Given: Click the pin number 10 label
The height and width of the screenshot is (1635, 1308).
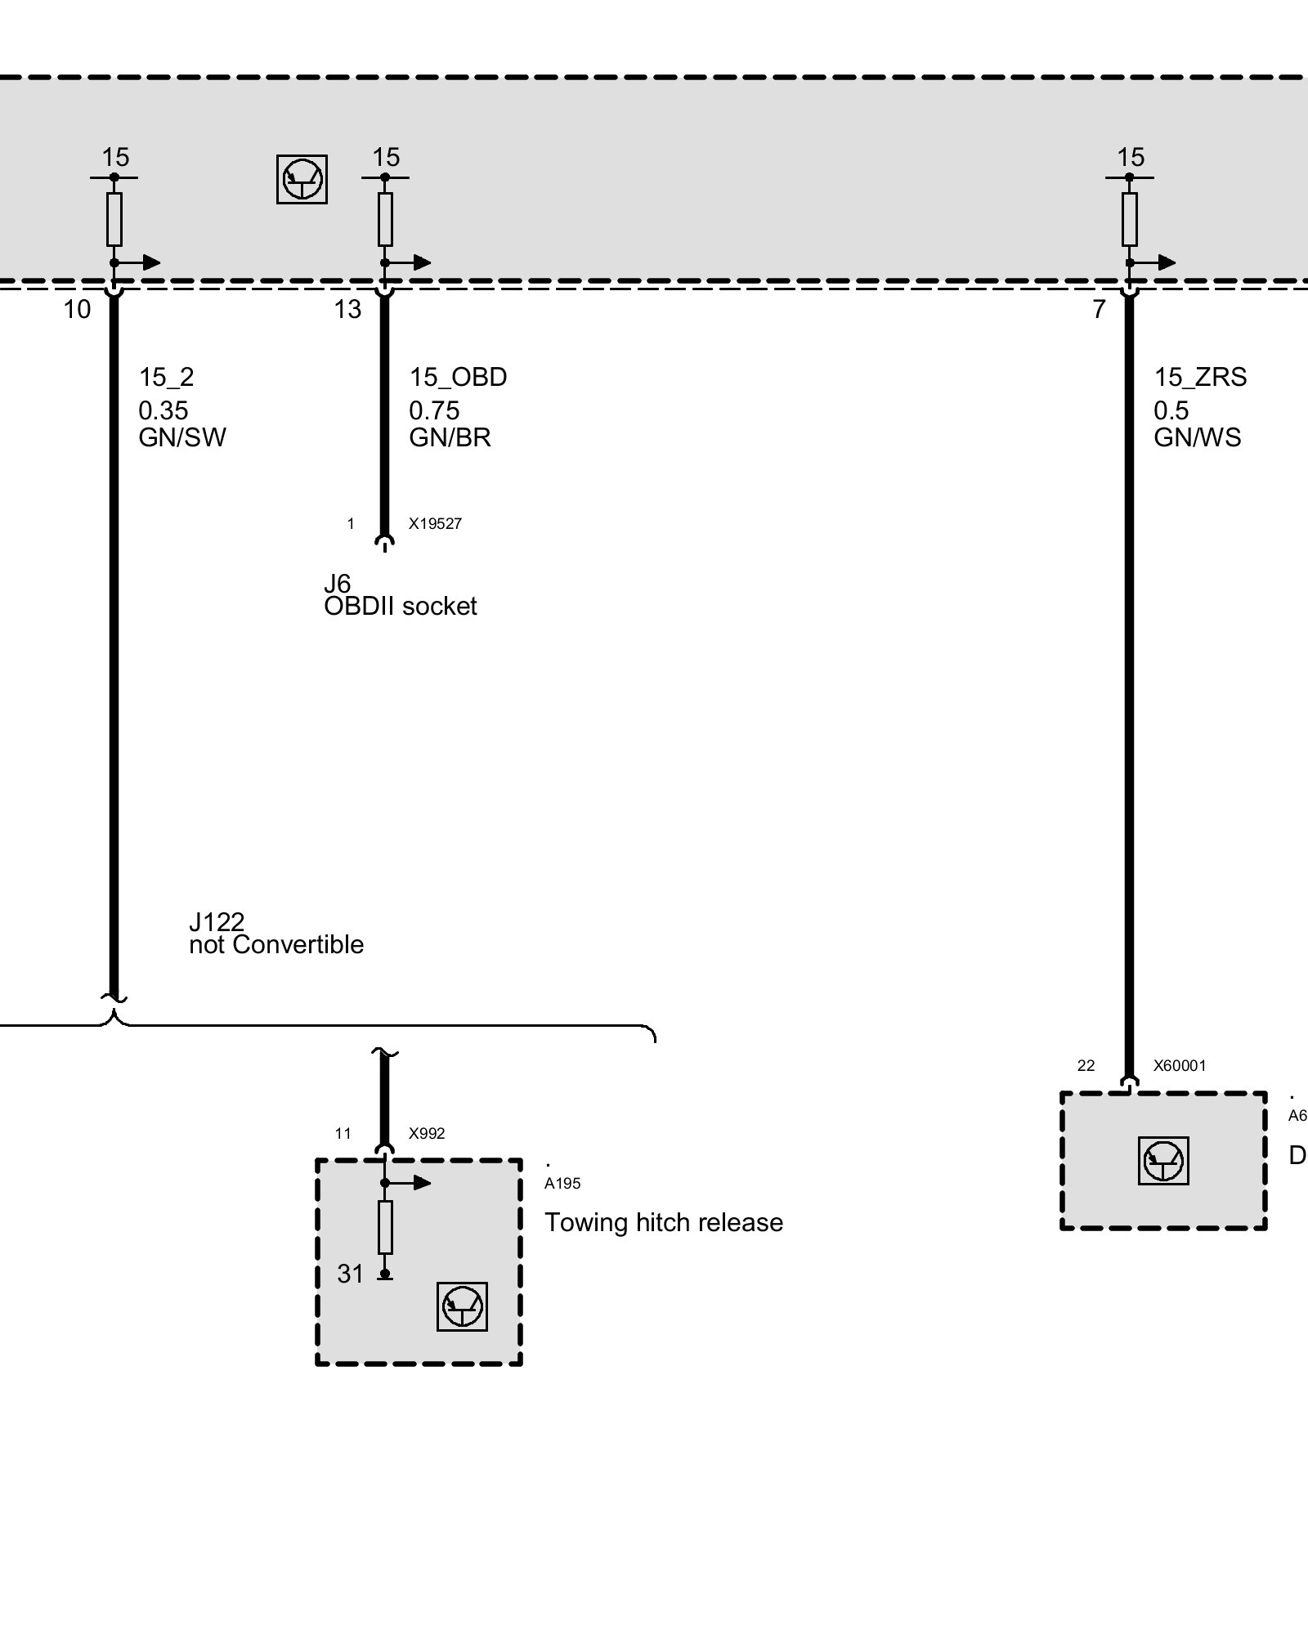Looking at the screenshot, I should (x=78, y=309).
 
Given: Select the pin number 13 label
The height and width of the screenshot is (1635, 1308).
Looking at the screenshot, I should (x=347, y=309).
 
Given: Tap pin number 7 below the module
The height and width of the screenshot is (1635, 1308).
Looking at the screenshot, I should (x=1100, y=309).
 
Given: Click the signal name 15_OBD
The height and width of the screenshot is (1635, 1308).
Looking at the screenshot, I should (x=458, y=377).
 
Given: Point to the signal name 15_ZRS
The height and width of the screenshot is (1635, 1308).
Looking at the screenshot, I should (x=1200, y=377).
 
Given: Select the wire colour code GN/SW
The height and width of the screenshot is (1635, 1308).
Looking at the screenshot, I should (x=182, y=437).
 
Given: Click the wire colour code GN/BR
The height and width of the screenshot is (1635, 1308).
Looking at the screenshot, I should (x=450, y=437).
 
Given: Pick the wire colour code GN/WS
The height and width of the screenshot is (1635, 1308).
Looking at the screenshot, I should (x=1197, y=437).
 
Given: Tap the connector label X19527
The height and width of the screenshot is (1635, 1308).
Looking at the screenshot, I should (x=435, y=524).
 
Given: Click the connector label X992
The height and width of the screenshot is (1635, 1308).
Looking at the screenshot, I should (x=427, y=1133).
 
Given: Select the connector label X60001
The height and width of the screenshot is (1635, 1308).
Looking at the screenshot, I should (x=1179, y=1065).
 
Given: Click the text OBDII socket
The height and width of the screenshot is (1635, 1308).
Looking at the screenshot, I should (x=400, y=606).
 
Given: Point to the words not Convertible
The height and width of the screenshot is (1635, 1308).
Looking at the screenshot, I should (x=276, y=944).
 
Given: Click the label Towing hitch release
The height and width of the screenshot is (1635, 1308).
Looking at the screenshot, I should (x=664, y=1222).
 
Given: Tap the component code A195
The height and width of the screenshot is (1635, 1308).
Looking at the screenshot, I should (x=562, y=1183).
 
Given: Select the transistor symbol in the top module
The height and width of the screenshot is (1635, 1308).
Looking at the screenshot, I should (x=302, y=179).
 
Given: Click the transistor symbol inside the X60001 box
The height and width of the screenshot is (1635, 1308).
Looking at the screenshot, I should (x=1162, y=1161).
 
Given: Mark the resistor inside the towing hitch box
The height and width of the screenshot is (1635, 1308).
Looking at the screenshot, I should (x=385, y=1227).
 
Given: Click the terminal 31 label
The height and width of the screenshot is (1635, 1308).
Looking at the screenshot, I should (x=350, y=1274).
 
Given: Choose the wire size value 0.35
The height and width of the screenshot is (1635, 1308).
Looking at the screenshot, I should (x=163, y=410).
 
